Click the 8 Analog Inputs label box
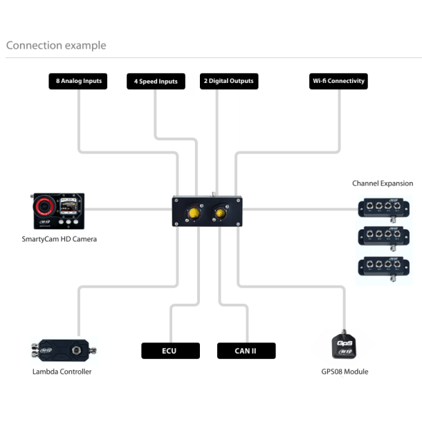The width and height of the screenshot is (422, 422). point(78,82)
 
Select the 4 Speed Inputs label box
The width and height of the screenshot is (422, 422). point(156,82)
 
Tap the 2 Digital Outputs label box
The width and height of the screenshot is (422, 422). point(229,82)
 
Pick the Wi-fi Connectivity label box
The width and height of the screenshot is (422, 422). point(338,82)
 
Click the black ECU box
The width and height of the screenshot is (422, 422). point(170,351)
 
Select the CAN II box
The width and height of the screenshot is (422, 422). point(246,351)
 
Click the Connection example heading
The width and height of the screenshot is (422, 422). point(56,46)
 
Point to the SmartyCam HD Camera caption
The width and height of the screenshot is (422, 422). point(59,239)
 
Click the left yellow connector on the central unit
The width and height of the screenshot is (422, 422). point(192,212)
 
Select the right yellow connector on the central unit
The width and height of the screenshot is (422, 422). point(221,212)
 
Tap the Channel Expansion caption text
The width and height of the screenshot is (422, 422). point(383,183)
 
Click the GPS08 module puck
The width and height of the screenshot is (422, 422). point(345,345)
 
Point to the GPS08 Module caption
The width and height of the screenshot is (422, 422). point(345,371)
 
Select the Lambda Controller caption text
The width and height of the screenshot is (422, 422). point(62,371)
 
